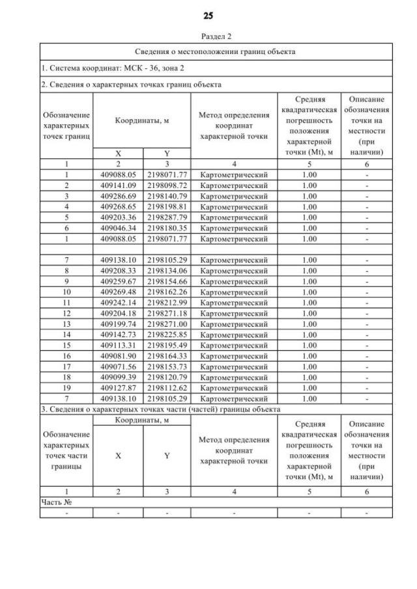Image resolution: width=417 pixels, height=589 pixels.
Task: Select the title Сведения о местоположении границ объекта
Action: point(216,51)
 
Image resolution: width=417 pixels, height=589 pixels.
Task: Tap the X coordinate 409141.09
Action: point(118,185)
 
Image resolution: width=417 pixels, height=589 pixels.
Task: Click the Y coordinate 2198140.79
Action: point(167,196)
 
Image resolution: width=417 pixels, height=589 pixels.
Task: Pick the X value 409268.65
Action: point(118,206)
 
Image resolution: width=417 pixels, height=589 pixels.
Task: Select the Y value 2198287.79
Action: point(167,217)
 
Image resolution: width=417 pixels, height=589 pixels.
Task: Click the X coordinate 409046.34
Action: point(118,227)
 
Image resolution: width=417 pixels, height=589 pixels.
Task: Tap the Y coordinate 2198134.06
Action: point(167,271)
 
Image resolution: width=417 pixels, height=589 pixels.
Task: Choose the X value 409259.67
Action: point(118,281)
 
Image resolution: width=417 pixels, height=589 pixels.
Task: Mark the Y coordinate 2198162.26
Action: point(167,292)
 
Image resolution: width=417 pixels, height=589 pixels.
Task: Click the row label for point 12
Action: point(66,313)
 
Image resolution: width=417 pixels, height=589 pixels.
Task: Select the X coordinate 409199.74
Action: point(118,323)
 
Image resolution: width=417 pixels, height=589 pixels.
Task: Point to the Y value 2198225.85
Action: point(167,334)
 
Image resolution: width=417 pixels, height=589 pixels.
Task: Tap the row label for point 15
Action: point(66,344)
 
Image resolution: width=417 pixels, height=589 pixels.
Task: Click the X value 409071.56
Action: point(118,366)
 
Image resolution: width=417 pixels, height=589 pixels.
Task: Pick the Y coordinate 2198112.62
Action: point(167,387)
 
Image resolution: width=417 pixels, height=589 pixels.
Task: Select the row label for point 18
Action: point(66,376)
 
